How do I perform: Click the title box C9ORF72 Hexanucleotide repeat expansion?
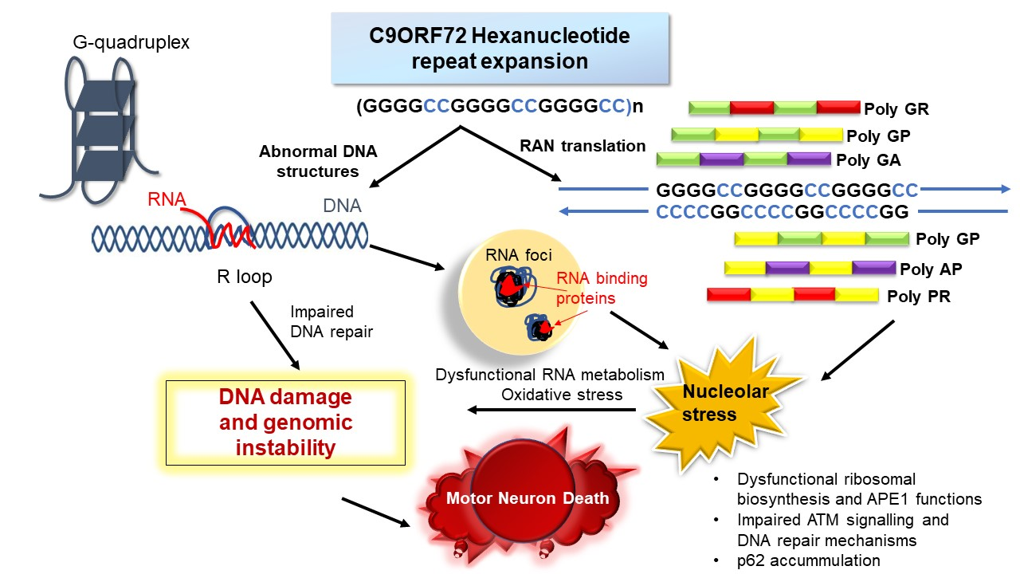pyautogui.click(x=499, y=48)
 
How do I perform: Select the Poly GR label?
pyautogui.click(x=896, y=109)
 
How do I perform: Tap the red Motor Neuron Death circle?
pyautogui.click(x=527, y=498)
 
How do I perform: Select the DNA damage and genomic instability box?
pyautogui.click(x=285, y=423)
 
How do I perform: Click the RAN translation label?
pyautogui.click(x=583, y=146)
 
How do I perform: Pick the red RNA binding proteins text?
pyautogui.click(x=602, y=289)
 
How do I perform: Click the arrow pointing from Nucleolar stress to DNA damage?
pyautogui.click(x=551, y=411)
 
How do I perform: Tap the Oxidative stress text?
pyautogui.click(x=550, y=394)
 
